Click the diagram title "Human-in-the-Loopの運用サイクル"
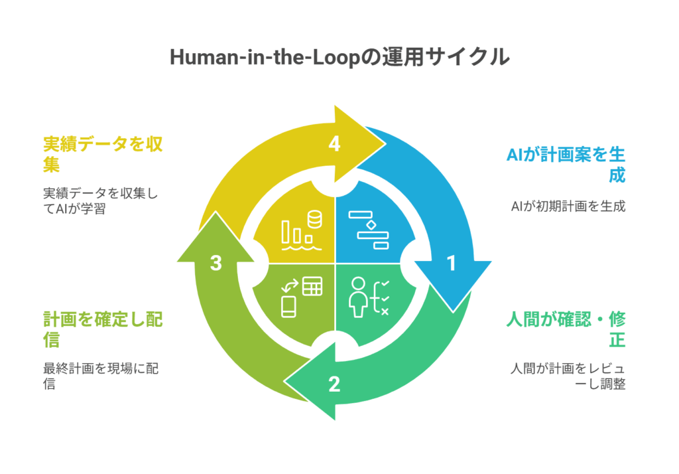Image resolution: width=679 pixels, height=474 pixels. pyautogui.click(x=339, y=57)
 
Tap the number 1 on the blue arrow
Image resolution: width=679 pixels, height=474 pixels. pyautogui.click(x=452, y=264)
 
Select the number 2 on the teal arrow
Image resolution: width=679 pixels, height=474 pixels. pyautogui.click(x=334, y=384)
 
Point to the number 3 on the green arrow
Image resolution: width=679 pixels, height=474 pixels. pyautogui.click(x=216, y=264)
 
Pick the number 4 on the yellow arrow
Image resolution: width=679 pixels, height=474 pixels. pyautogui.click(x=334, y=144)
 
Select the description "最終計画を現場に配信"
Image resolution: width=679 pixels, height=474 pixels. pyautogui.click(x=100, y=376)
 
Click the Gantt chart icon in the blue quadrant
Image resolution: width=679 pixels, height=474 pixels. pyautogui.click(x=369, y=230)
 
